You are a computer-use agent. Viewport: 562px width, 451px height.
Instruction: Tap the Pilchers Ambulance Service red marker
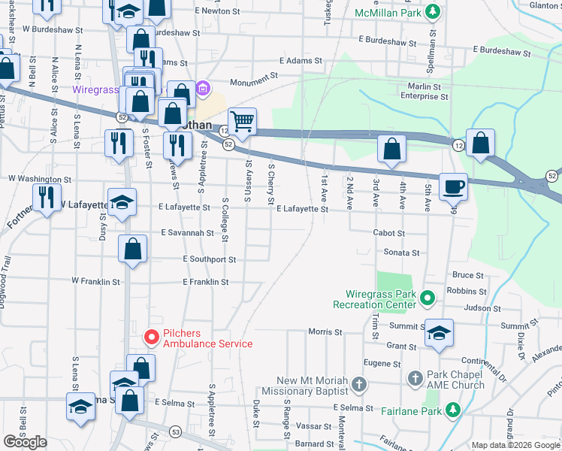tap(150, 336)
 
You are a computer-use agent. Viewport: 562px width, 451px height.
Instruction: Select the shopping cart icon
tap(242, 120)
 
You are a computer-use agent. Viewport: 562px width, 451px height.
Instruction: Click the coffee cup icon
tap(453, 186)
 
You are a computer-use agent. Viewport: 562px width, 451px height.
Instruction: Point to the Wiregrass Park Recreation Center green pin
tap(428, 298)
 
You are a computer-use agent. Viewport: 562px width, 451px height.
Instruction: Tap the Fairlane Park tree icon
tap(452, 409)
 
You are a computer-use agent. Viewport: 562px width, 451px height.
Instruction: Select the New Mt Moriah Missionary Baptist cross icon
tap(359, 386)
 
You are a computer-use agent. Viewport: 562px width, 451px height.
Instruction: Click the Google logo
tap(25, 442)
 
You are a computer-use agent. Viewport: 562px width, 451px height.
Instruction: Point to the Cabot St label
tap(389, 233)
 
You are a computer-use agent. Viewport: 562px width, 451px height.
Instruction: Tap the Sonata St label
tap(401, 253)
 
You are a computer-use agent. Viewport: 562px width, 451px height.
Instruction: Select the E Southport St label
tap(210, 259)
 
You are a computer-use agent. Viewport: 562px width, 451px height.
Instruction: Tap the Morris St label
tap(325, 331)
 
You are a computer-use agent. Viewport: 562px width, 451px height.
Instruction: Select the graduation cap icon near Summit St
tap(438, 332)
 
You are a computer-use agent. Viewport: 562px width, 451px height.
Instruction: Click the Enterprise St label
tap(424, 96)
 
